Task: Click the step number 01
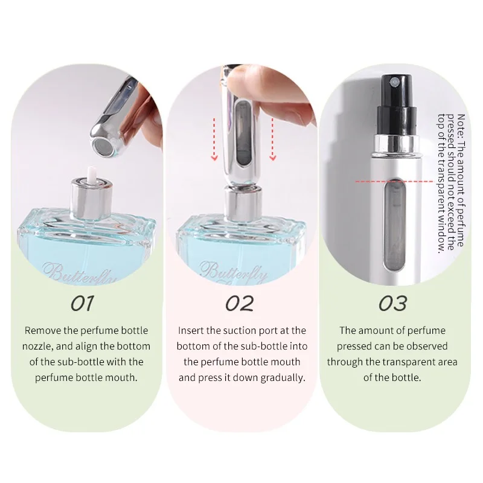pyautogui.click(x=82, y=303)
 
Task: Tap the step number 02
pyautogui.click(x=239, y=303)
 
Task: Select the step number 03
pyautogui.click(x=392, y=303)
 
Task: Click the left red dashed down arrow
pyautogui.click(x=214, y=139)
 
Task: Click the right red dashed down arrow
pyautogui.click(x=273, y=139)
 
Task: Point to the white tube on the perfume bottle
pyautogui.click(x=92, y=174)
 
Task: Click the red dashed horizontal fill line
pyautogui.click(x=395, y=182)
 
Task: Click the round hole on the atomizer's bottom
pyautogui.click(x=101, y=144)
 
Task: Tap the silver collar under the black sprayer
pyautogui.click(x=396, y=143)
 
